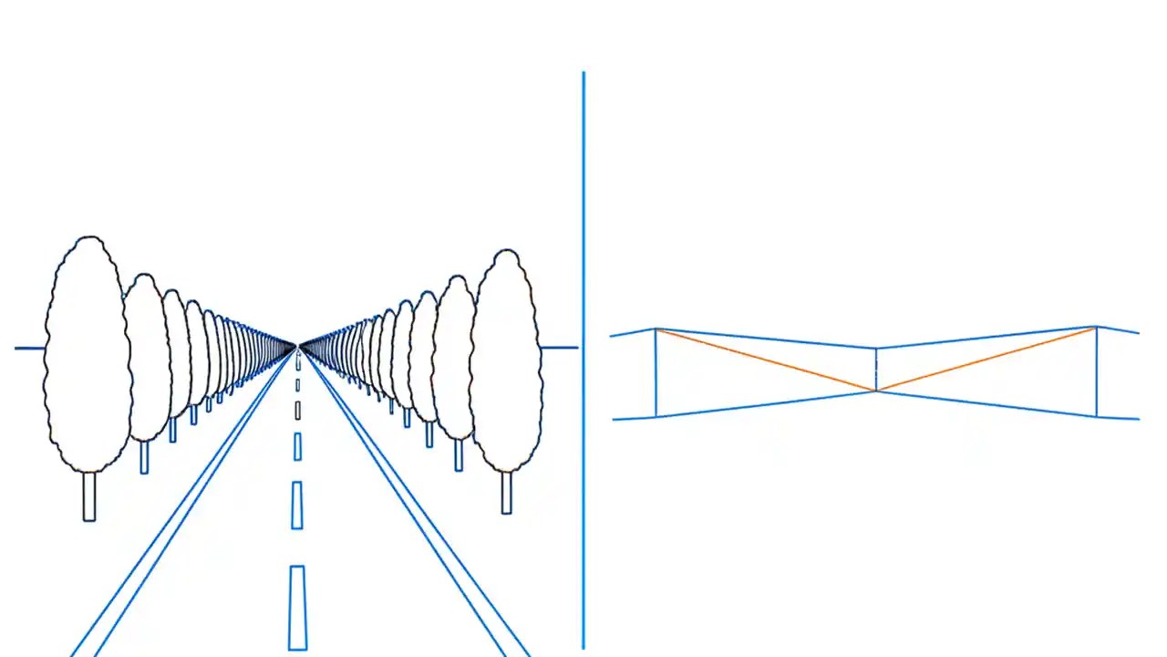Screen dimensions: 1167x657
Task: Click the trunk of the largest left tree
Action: click(89, 496)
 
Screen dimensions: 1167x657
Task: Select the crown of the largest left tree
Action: click(88, 356)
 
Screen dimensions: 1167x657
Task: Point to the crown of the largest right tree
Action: click(506, 360)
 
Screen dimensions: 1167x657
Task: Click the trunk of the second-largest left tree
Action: click(144, 457)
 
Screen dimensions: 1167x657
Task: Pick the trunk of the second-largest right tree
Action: click(458, 454)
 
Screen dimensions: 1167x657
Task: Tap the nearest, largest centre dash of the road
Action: click(297, 607)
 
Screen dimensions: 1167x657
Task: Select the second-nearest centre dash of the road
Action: click(296, 505)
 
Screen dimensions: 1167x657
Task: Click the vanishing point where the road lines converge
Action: click(297, 346)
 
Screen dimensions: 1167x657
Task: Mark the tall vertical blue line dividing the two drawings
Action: click(583, 365)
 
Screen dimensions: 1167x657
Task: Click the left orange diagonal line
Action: click(766, 360)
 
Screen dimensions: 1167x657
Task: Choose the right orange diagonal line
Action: click(985, 360)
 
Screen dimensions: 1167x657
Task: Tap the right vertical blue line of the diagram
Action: click(1096, 372)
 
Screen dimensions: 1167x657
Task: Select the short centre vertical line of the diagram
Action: click(876, 369)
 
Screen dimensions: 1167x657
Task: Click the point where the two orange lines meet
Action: click(876, 391)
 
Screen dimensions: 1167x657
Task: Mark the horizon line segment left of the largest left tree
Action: click(29, 348)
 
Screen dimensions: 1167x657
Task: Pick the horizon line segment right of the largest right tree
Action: click(560, 348)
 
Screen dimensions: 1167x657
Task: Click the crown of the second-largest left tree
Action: click(146, 356)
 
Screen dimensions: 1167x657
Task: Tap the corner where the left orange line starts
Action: click(656, 329)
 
